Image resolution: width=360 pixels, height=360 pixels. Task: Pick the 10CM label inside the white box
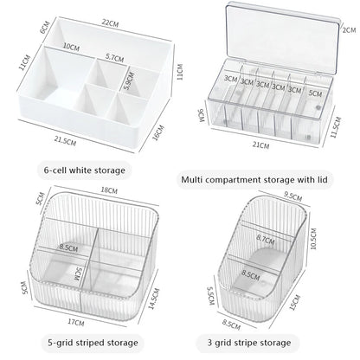tap(71, 47)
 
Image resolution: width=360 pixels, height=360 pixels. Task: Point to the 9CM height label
tap(201, 114)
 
